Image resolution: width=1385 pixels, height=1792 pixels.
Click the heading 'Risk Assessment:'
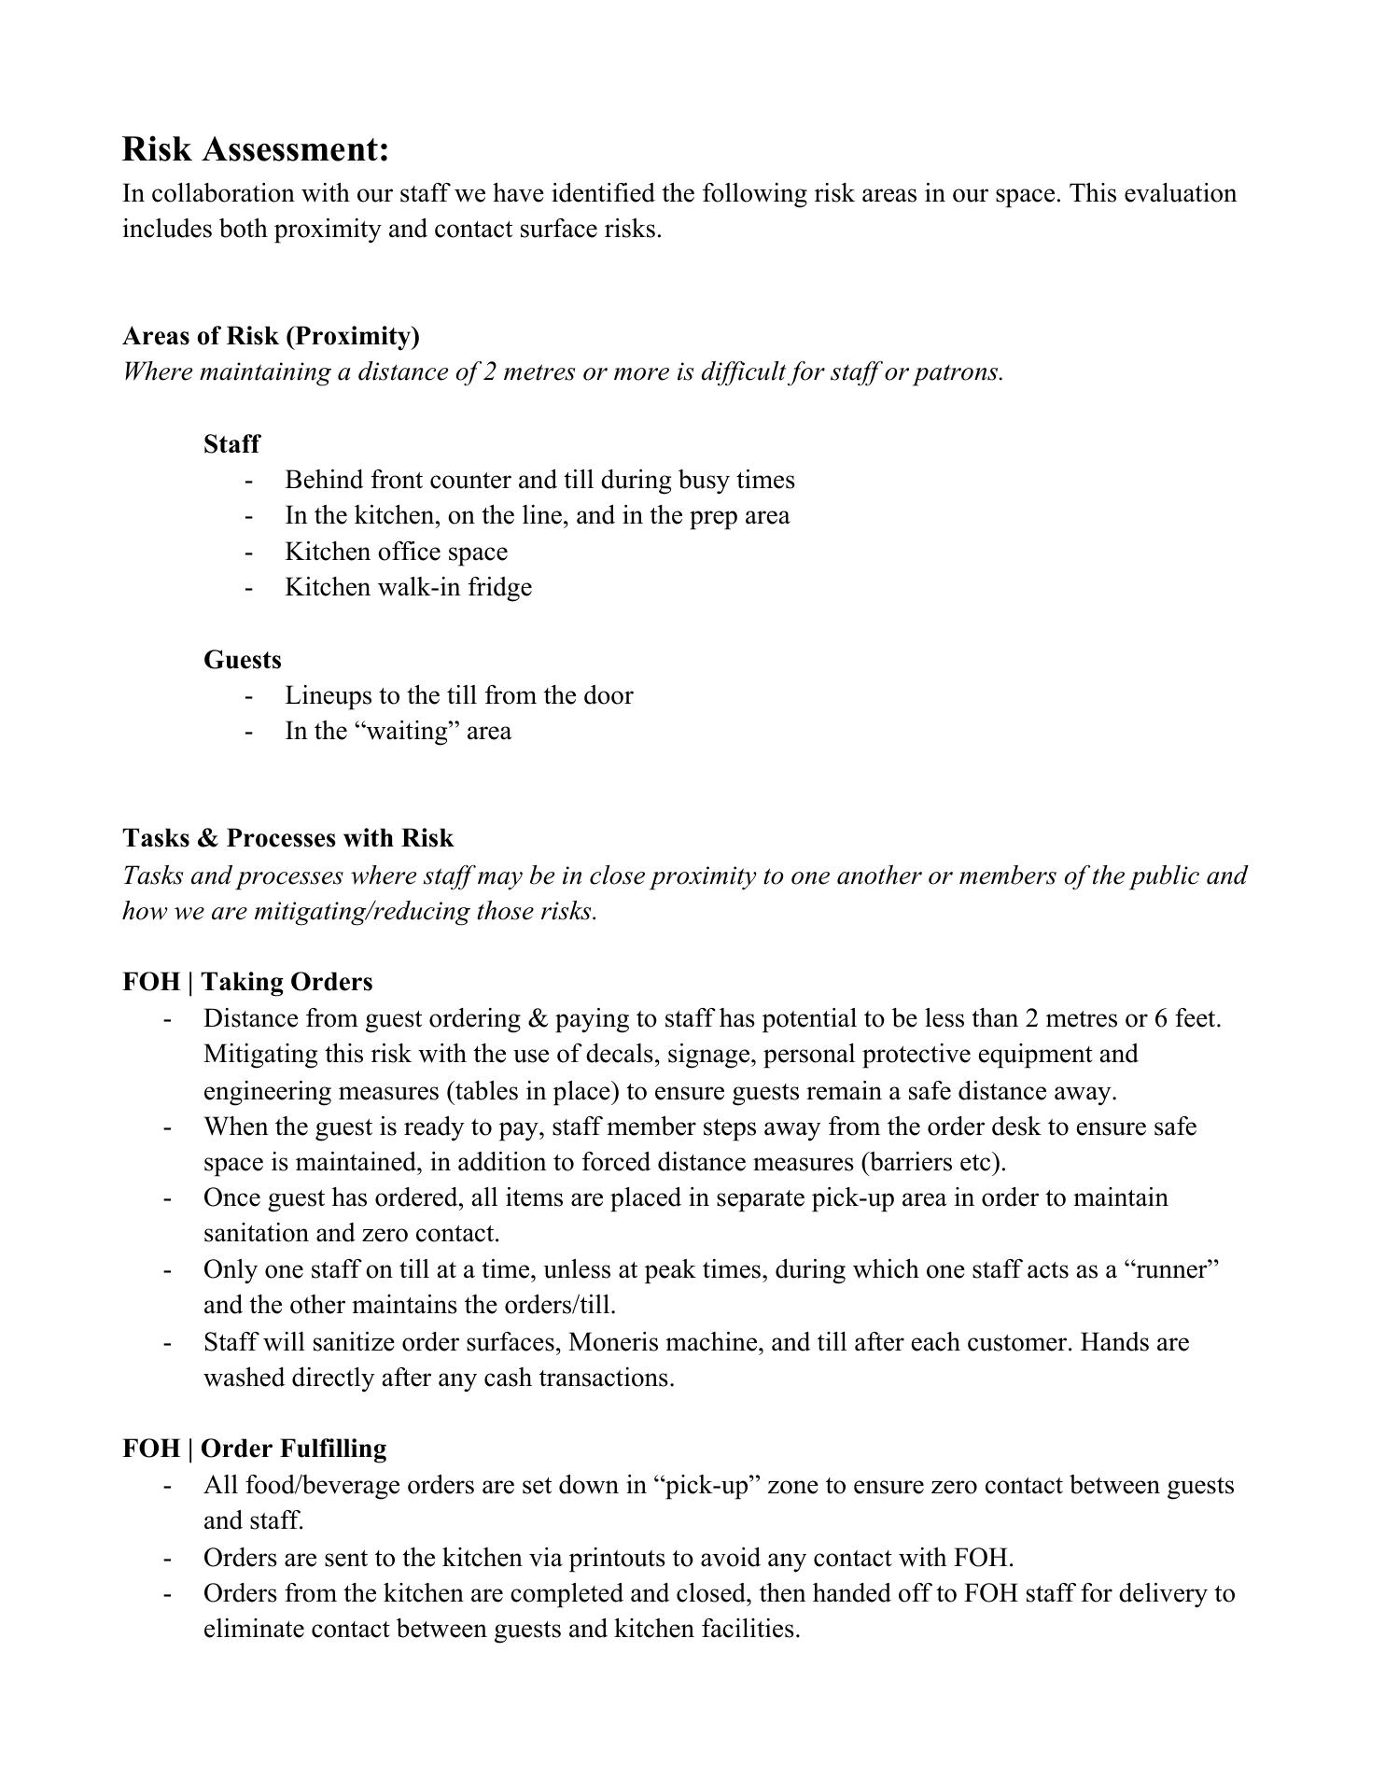pos(255,149)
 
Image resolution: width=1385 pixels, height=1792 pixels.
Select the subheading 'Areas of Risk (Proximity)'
pos(271,336)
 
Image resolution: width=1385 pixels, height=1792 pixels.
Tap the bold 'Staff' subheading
pos(231,444)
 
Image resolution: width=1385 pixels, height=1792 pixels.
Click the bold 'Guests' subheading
pos(242,660)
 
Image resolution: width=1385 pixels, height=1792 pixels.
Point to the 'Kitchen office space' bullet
pos(396,552)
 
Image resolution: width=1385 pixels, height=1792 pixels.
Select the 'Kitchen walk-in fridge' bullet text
pos(408,587)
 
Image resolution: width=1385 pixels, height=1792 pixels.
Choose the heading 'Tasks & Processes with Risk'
pos(287,838)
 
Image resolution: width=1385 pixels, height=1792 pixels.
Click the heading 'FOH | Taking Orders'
pos(247,982)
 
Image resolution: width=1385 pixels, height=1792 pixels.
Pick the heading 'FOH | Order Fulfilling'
pos(254,1449)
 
